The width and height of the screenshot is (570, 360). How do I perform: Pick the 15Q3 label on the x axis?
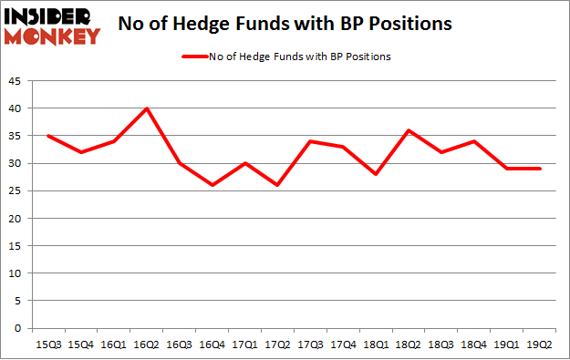pyautogui.click(x=48, y=344)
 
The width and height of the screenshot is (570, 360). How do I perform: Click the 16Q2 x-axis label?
pyautogui.click(x=147, y=344)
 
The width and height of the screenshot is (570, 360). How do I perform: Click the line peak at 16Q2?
pyautogui.click(x=147, y=108)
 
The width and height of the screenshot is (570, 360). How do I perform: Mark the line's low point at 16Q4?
pyautogui.click(x=212, y=185)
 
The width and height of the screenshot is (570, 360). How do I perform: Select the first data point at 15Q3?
pyautogui.click(x=48, y=136)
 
